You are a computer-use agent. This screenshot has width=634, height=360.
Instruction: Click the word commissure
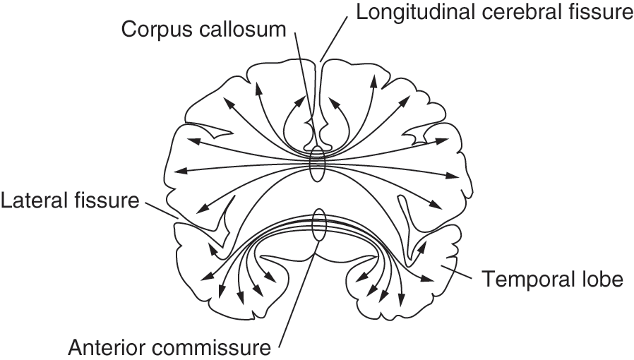pyautogui.click(x=212, y=347)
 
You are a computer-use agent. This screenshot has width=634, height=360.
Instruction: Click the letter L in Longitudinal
pyautogui.click(x=361, y=12)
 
